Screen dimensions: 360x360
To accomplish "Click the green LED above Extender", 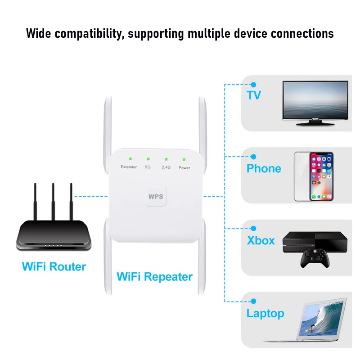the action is click(129, 159).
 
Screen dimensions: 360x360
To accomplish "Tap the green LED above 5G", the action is click(148, 159).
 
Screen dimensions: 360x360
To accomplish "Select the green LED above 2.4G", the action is click(166, 159).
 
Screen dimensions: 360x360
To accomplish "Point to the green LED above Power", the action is click(184, 159).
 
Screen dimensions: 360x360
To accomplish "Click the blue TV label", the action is click(254, 95).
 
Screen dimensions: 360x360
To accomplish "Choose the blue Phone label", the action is click(264, 169).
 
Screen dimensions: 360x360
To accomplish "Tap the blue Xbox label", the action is click(261, 240).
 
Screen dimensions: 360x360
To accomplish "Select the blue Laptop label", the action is click(265, 314).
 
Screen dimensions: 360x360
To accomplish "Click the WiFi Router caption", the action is click(54, 267).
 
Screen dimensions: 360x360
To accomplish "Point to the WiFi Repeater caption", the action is click(154, 276).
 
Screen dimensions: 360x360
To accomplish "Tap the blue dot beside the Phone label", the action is click(253, 157).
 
